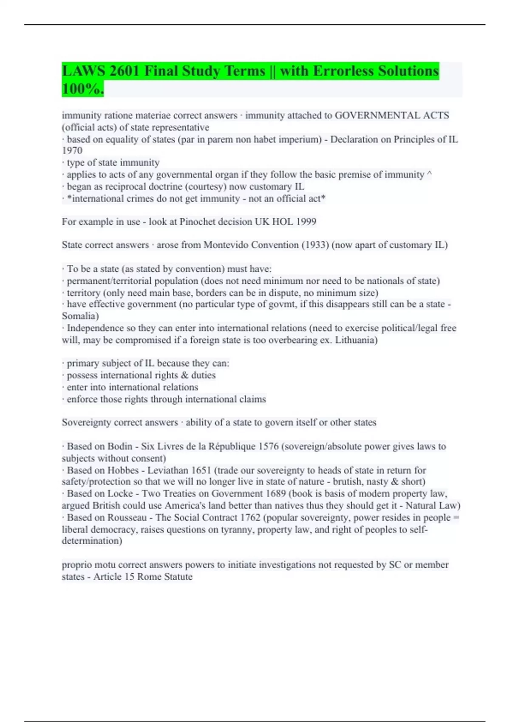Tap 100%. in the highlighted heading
pos(82,89)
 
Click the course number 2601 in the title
pos(125,71)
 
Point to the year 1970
pos(72,150)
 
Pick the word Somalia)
pos(80,316)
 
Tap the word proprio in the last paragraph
pos(76,565)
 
